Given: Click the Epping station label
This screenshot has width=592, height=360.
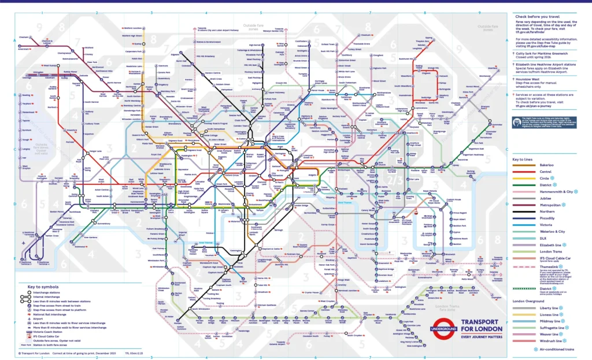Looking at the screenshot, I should (x=428, y=38).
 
